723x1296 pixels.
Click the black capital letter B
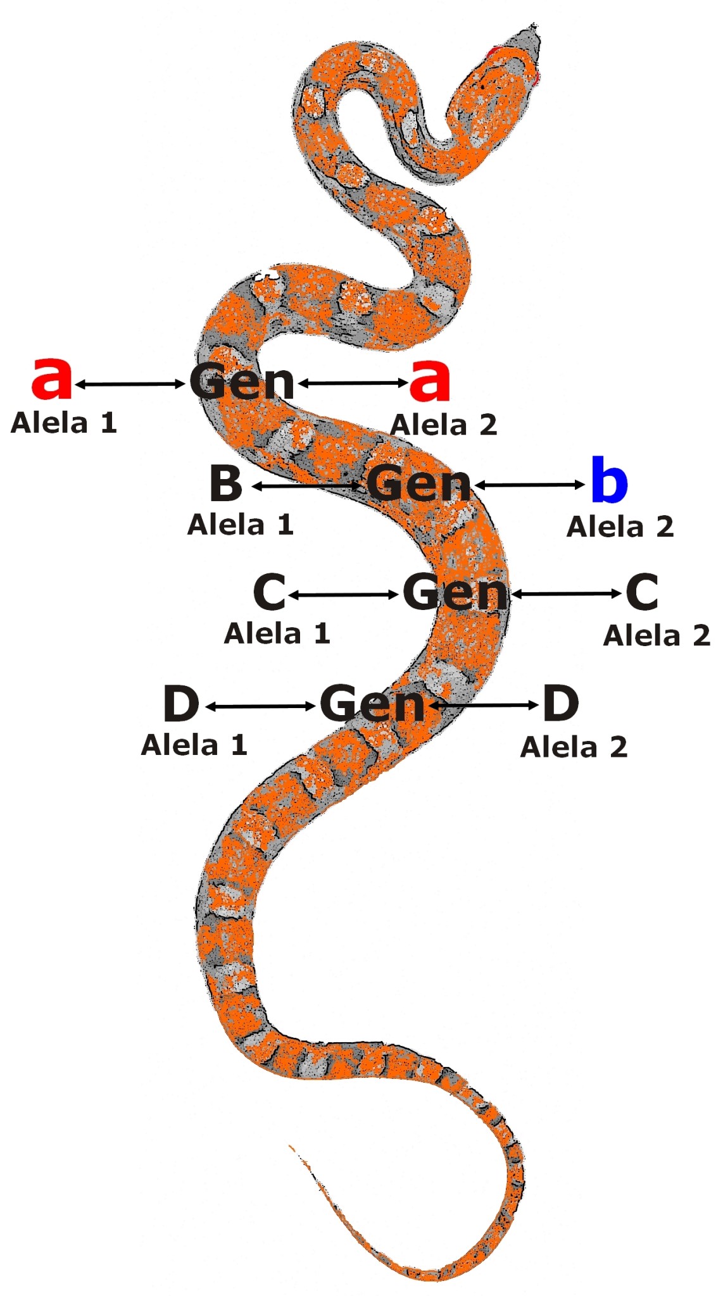click(226, 483)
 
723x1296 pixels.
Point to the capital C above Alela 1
click(269, 592)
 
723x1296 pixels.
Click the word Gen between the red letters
click(242, 382)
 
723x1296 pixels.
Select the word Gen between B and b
click(419, 484)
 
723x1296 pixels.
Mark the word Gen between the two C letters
click(455, 593)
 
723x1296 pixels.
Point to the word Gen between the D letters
click(372, 703)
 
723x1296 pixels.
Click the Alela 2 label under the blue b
click(620, 527)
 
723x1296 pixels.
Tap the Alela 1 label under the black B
click(241, 525)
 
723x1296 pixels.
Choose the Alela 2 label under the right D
click(574, 748)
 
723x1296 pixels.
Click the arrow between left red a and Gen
click(130, 384)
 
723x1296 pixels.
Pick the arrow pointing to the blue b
click(530, 485)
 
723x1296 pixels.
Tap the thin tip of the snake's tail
click(292, 1148)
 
